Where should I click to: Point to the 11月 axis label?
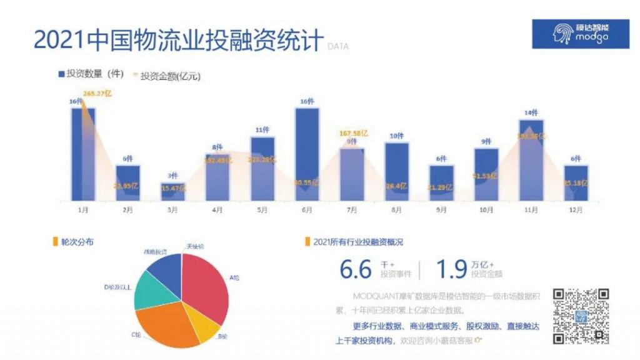[x=531, y=210]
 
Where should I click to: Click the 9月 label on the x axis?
[x=441, y=210]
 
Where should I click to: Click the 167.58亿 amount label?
[x=353, y=132]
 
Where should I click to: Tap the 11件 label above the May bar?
[x=262, y=130]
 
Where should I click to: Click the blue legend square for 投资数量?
[x=61, y=74]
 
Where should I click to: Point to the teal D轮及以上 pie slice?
[x=151, y=291]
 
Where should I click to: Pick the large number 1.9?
[x=451, y=269]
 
